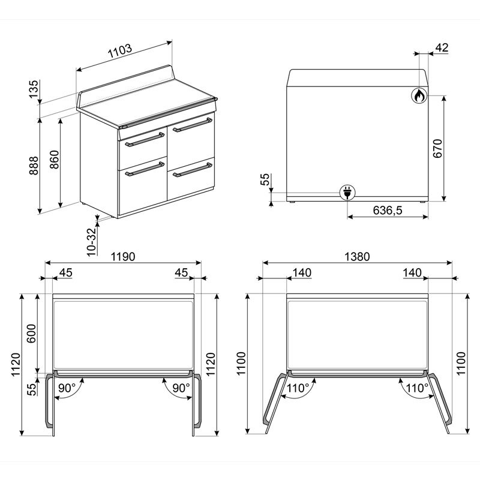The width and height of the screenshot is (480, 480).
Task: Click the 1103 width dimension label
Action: tap(120, 53)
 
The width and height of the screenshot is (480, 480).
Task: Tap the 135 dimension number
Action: tap(34, 88)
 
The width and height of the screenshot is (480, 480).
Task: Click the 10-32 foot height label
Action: tap(91, 242)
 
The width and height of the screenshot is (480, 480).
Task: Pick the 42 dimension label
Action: tap(443, 48)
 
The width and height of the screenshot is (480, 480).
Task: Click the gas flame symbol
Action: tap(419, 95)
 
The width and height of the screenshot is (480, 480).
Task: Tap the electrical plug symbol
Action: tap(347, 193)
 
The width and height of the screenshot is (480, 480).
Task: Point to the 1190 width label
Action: tap(122, 256)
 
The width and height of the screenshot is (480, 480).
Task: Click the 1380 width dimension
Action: tap(358, 256)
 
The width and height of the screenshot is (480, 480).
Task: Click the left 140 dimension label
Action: tap(301, 273)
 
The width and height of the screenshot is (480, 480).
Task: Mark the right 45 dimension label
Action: tap(181, 273)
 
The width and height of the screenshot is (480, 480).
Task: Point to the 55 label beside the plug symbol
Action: tap(266, 181)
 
